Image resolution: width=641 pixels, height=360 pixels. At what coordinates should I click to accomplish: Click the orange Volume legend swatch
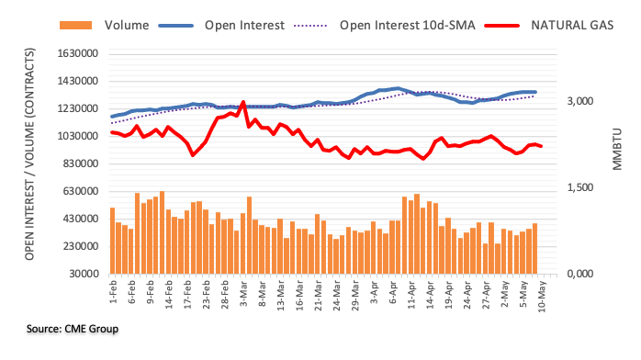click(x=75, y=26)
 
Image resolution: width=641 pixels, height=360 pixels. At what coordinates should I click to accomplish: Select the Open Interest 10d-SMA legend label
click(x=407, y=26)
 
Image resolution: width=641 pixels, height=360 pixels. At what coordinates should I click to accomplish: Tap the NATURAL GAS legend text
click(x=572, y=26)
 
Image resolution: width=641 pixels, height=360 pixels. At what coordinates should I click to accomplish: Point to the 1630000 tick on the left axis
click(x=78, y=53)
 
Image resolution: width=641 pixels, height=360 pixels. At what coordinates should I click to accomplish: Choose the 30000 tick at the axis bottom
click(x=84, y=274)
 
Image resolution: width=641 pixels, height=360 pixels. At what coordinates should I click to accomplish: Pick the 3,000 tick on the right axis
click(x=579, y=101)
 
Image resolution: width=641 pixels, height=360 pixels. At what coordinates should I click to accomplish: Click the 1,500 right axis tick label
click(x=579, y=187)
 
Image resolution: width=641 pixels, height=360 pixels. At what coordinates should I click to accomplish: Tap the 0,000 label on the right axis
click(x=579, y=274)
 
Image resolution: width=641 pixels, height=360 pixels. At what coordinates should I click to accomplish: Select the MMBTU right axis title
click(x=617, y=149)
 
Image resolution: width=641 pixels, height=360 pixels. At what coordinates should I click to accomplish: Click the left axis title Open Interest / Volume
click(x=29, y=154)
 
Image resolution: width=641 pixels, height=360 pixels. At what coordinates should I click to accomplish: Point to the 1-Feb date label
click(x=113, y=292)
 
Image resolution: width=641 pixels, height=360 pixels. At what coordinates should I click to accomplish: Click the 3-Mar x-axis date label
click(x=243, y=293)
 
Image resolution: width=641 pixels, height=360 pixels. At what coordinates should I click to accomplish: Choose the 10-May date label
click(x=542, y=297)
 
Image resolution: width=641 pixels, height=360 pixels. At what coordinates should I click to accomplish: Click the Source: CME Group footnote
click(x=73, y=329)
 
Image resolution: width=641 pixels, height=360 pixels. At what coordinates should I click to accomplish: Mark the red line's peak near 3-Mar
click(x=243, y=102)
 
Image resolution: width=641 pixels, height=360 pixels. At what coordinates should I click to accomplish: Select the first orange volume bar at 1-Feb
click(x=112, y=241)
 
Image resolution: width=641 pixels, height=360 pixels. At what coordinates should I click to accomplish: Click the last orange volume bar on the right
click(x=534, y=249)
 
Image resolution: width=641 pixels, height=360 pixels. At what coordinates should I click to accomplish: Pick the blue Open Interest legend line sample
click(x=175, y=26)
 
